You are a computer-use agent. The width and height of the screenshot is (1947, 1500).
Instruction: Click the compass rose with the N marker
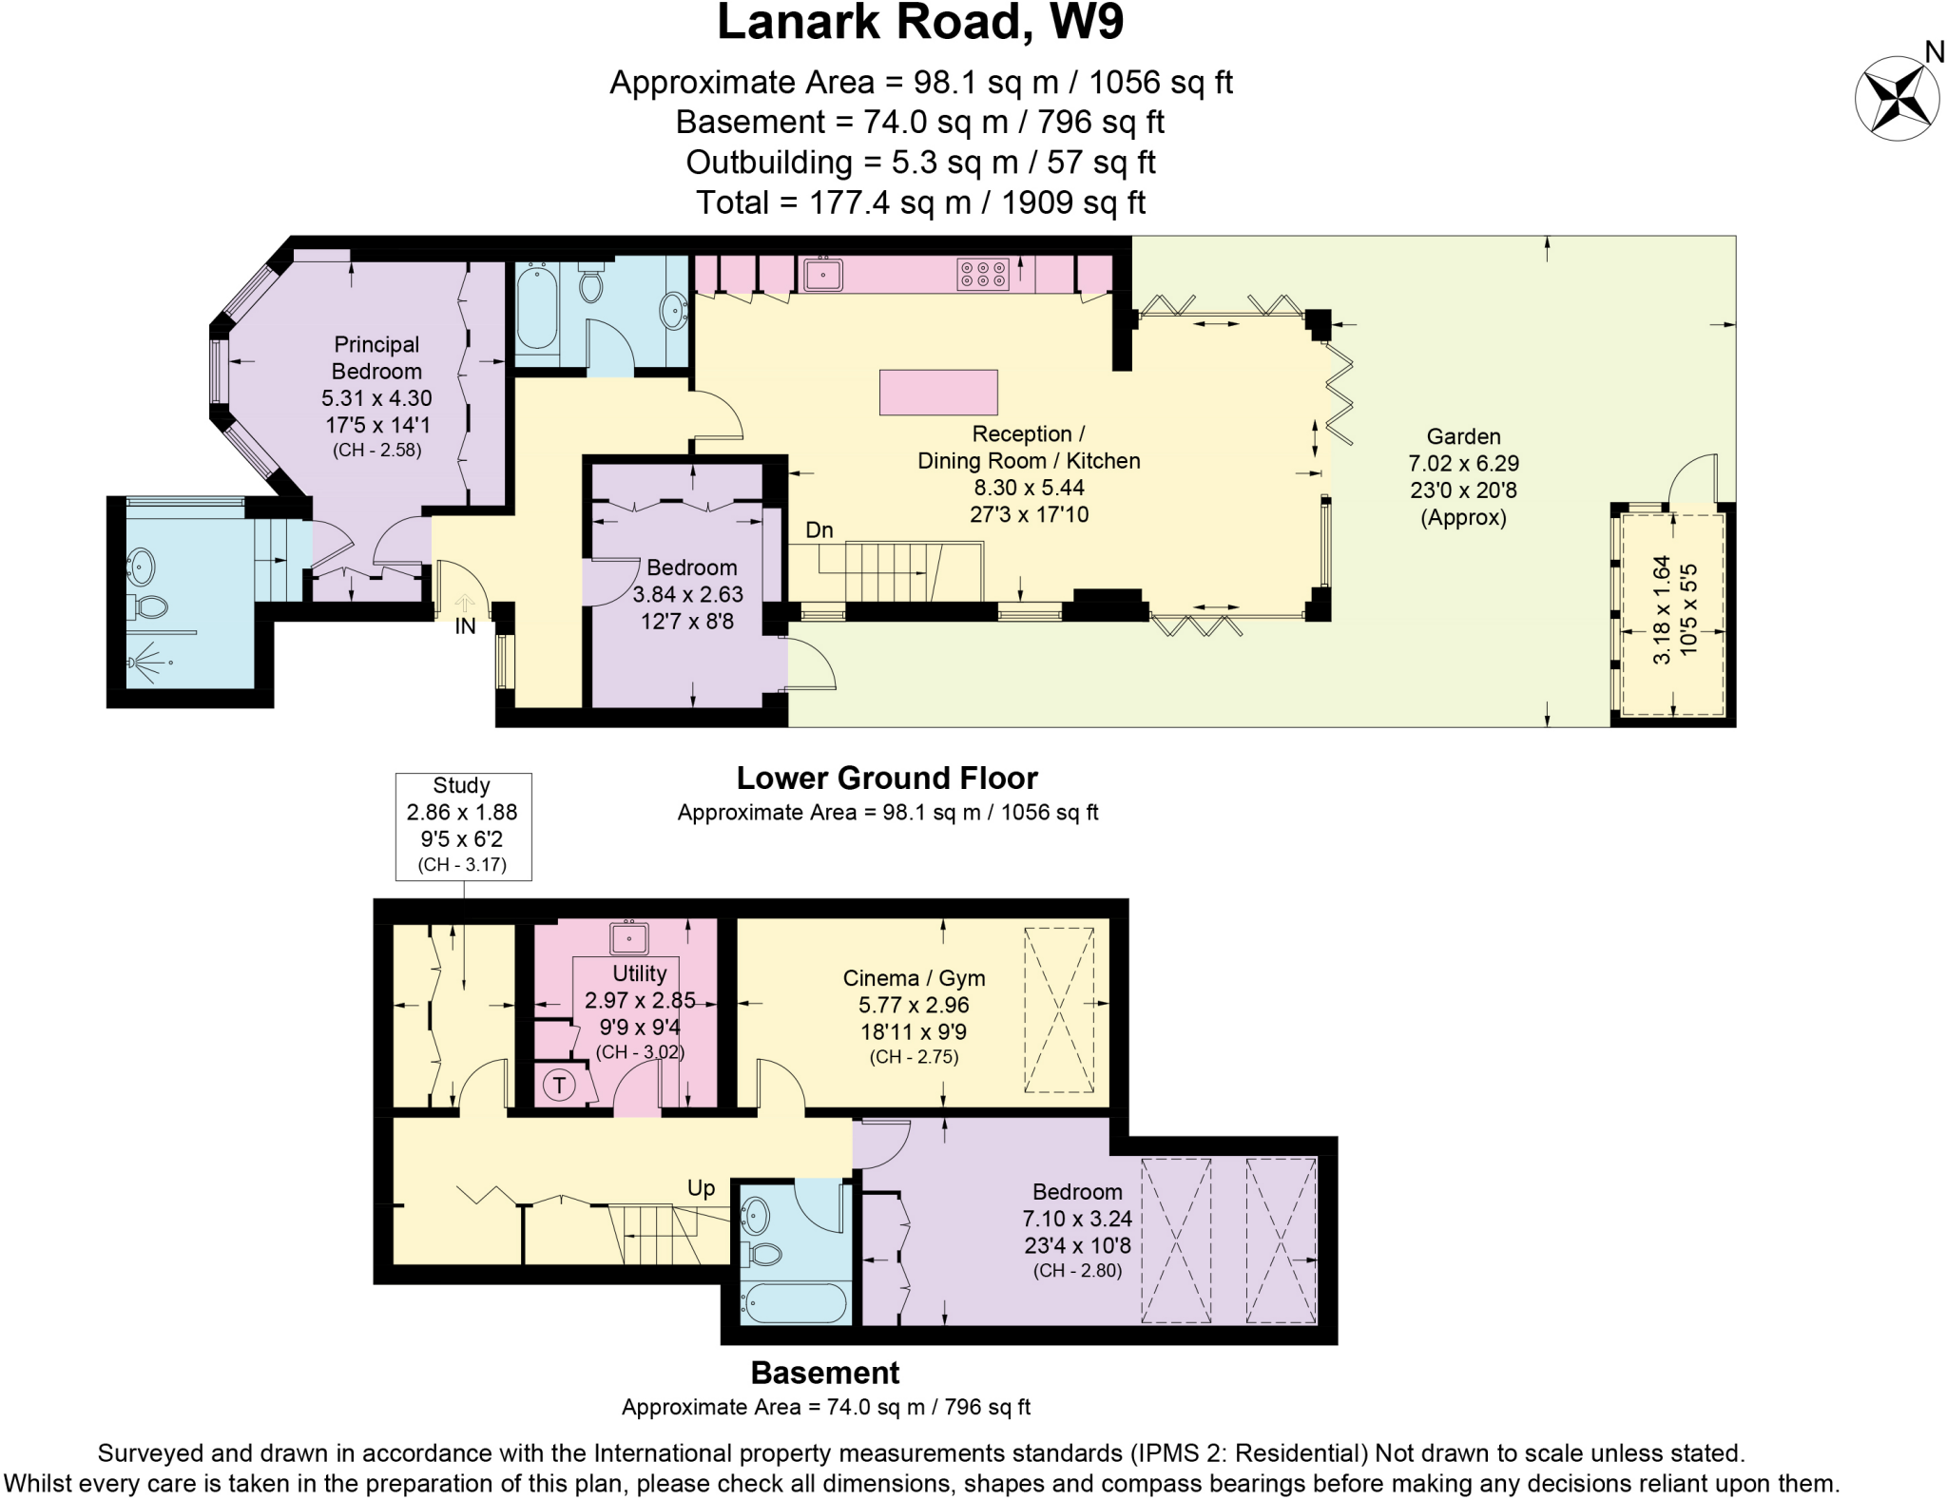(x=1897, y=99)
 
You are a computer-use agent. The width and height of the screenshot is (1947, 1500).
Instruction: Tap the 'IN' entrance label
(x=465, y=626)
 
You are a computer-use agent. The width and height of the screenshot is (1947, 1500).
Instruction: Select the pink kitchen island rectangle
(x=938, y=393)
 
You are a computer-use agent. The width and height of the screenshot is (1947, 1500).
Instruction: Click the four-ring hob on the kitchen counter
(x=982, y=275)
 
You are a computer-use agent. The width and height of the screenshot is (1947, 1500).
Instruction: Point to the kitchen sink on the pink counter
(x=823, y=274)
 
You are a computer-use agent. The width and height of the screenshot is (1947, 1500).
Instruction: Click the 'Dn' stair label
(x=819, y=530)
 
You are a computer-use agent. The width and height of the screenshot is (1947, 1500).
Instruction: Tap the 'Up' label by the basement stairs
(x=701, y=1188)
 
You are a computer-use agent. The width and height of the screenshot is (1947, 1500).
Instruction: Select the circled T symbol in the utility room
(x=560, y=1085)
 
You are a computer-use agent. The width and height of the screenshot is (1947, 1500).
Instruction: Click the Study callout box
(x=463, y=825)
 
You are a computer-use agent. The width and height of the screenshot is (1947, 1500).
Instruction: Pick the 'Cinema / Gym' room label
(x=914, y=978)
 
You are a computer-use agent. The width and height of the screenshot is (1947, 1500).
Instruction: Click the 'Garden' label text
(x=1463, y=437)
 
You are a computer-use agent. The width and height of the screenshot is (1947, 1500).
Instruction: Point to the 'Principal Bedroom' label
(x=376, y=357)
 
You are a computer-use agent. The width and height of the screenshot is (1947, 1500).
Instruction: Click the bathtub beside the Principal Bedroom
(x=536, y=309)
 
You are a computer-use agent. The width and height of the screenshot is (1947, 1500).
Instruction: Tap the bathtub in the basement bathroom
(x=795, y=1302)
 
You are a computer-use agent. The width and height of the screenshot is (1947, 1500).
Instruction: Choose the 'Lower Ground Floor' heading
(x=886, y=779)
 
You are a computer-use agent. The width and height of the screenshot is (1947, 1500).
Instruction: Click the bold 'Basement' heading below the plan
(x=824, y=1373)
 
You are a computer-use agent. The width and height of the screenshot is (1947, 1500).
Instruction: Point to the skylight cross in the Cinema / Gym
(x=1058, y=1010)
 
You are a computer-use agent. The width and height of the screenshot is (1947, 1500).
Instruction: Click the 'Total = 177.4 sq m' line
(x=919, y=202)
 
